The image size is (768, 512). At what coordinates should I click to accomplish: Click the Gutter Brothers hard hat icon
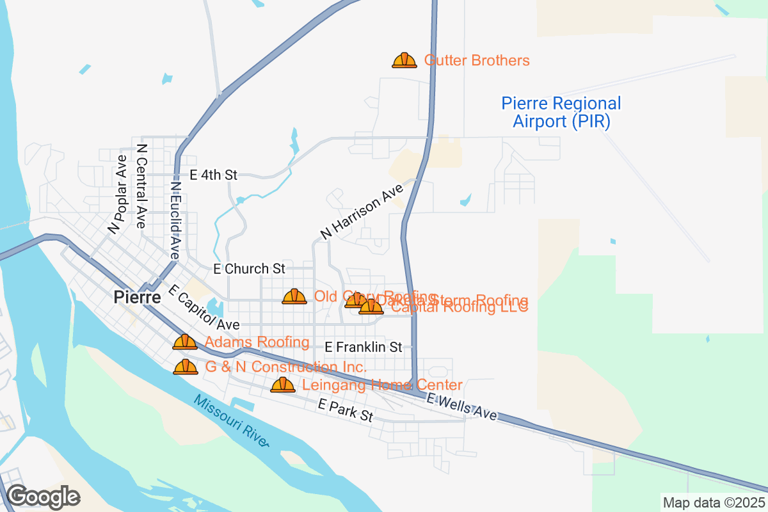[404, 61]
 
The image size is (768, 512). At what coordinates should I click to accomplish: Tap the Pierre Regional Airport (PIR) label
[561, 112]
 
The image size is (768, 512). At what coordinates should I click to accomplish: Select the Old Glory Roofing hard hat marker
[294, 296]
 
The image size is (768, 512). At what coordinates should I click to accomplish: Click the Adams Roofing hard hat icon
[185, 342]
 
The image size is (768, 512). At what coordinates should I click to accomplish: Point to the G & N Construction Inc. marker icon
[186, 367]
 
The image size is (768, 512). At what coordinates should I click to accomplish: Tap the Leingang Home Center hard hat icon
[283, 385]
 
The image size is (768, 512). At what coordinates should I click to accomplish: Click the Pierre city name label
[137, 297]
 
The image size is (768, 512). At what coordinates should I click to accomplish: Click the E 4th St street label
[213, 175]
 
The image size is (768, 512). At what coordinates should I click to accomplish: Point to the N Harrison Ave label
[362, 212]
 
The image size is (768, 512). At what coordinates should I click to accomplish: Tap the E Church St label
[249, 269]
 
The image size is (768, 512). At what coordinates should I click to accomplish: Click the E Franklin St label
[363, 347]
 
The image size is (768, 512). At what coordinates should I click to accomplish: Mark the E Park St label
[346, 411]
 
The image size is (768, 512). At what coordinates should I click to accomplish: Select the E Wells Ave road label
[461, 407]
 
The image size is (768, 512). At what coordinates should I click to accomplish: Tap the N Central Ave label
[141, 186]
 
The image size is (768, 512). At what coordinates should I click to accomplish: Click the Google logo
[43, 496]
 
